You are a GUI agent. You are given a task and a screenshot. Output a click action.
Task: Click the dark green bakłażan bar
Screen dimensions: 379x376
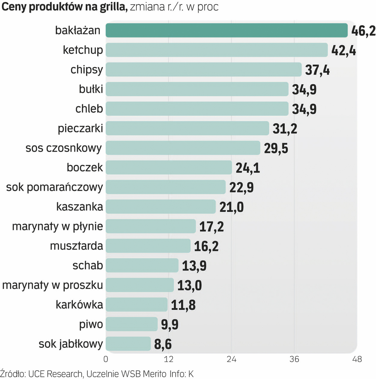pyautogui.click(x=226, y=31)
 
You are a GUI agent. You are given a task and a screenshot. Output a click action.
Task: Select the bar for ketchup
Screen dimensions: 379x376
pyautogui.click(x=216, y=50)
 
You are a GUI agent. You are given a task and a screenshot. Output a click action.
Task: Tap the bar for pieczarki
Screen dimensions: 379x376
pyautogui.click(x=187, y=128)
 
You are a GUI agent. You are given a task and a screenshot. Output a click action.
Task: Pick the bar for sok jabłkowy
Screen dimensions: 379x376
pyautogui.click(x=128, y=344)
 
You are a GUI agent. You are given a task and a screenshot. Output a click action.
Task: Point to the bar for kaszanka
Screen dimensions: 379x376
pyautogui.click(x=160, y=207)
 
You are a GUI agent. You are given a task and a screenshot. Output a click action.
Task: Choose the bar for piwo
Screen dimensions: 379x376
pyautogui.click(x=132, y=324)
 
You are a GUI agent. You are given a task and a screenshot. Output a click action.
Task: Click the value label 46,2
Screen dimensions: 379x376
pyautogui.click(x=363, y=31)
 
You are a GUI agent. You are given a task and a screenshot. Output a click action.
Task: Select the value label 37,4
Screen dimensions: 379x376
pyautogui.click(x=317, y=70)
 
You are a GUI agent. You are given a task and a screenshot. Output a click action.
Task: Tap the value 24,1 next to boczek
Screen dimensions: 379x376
pyautogui.click(x=247, y=168)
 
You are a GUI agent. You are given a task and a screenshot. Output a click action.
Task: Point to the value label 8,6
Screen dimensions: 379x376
pyautogui.click(x=163, y=344)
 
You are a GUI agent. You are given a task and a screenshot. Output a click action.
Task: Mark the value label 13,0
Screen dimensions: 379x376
pyautogui.click(x=189, y=285)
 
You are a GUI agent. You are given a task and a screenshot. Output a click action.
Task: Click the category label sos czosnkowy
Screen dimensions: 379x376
pyautogui.click(x=64, y=148)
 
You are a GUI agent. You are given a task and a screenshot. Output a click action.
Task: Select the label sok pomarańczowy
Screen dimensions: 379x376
pyautogui.click(x=55, y=187)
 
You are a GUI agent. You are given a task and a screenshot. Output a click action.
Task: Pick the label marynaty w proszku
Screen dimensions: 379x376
pyautogui.click(x=53, y=285)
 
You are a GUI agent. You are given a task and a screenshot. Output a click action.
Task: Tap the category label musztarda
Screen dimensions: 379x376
pyautogui.click(x=76, y=246)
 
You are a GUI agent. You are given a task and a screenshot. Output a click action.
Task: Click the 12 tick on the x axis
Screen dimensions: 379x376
pyautogui.click(x=169, y=359)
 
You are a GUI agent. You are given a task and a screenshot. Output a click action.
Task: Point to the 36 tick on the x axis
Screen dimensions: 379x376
pyautogui.click(x=294, y=359)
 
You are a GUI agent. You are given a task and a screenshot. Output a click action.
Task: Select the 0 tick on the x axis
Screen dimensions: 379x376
pyautogui.click(x=106, y=359)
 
